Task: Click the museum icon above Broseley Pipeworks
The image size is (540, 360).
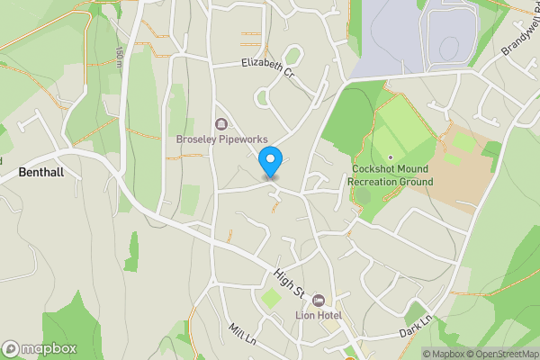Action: coord(220,123)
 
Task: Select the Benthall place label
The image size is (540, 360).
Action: coord(40,171)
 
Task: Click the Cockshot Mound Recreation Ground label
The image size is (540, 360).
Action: coord(391,175)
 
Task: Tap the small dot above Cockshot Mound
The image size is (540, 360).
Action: coord(391,157)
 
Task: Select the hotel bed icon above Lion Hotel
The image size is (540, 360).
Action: coord(318,300)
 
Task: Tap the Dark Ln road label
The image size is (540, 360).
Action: coord(417,326)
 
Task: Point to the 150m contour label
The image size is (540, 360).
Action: coord(118,56)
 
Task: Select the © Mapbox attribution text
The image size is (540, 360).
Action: coord(443,354)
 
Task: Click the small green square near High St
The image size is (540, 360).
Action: coord(271,297)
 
